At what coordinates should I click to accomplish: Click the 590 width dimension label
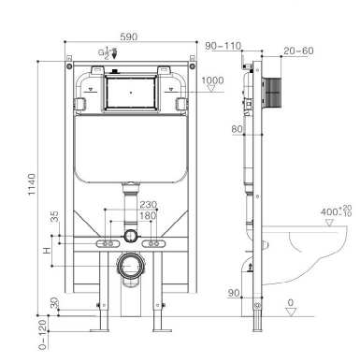(x=129, y=36)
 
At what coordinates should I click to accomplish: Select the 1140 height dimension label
(x=32, y=184)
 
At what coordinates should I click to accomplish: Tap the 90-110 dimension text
(x=223, y=46)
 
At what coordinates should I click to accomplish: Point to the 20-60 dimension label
(x=298, y=51)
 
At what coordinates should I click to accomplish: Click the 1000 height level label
(x=212, y=80)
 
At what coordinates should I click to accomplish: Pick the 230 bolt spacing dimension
(x=148, y=205)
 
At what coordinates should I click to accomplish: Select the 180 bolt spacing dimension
(x=148, y=215)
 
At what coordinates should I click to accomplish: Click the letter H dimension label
(x=47, y=251)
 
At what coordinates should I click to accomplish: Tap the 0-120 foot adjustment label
(x=43, y=334)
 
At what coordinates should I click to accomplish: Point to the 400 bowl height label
(x=337, y=211)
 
